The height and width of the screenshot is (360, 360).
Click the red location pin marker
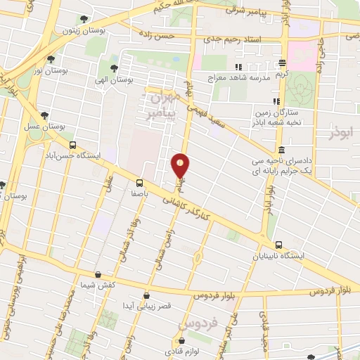[x=181, y=166]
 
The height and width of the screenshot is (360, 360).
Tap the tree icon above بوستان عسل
[x=44, y=115]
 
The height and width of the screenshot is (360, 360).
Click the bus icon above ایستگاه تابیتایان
[x=279, y=245]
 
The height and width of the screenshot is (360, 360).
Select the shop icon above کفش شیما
[x=98, y=274]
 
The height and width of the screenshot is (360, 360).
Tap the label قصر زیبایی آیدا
[x=146, y=307]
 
